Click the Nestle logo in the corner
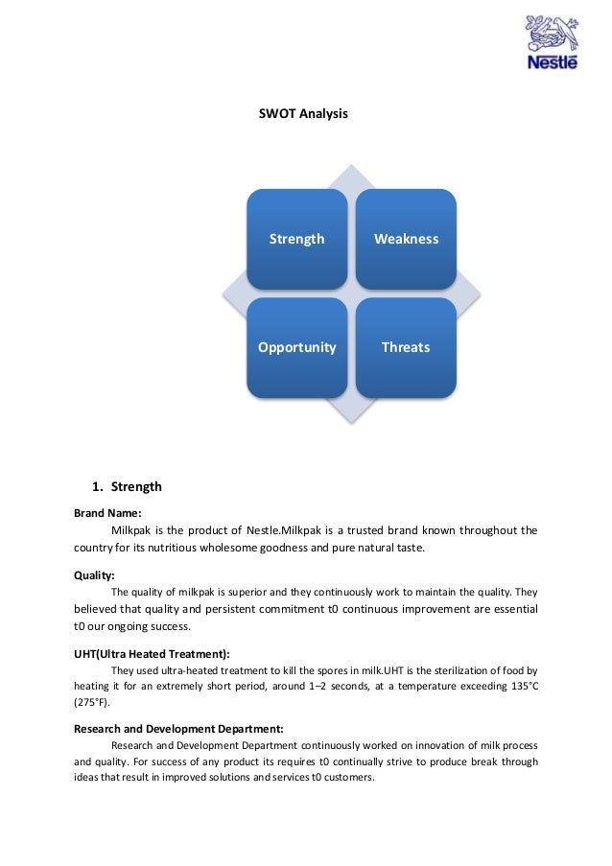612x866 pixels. pyautogui.click(x=552, y=43)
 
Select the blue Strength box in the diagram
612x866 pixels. pyautogui.click(x=296, y=239)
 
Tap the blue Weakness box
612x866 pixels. pyautogui.click(x=406, y=239)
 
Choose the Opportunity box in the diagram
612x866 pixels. pyautogui.click(x=296, y=347)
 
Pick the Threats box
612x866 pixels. pyautogui.click(x=406, y=347)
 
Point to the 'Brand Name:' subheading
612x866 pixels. pyautogui.click(x=107, y=513)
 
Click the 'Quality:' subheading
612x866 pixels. pyautogui.click(x=94, y=575)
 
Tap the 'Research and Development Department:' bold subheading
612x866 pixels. pyautogui.click(x=178, y=728)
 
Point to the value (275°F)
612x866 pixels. pyautogui.click(x=91, y=702)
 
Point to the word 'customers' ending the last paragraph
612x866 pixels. pyautogui.click(x=349, y=778)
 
